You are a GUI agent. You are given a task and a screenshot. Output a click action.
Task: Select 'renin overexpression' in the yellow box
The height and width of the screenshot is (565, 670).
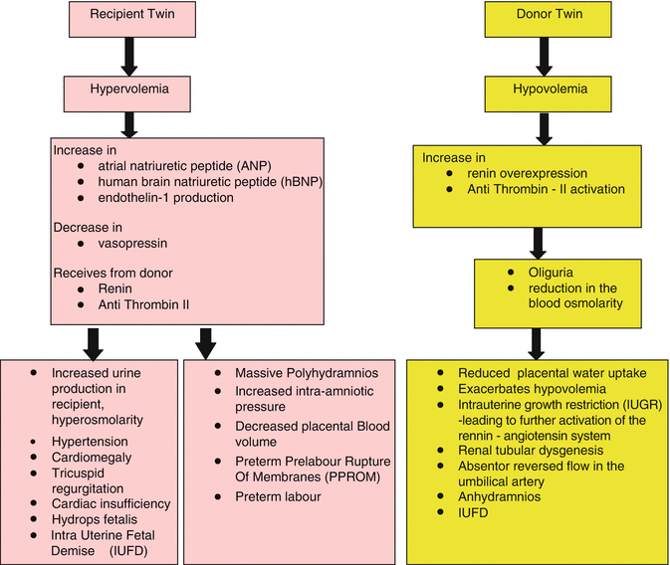(x=512, y=173)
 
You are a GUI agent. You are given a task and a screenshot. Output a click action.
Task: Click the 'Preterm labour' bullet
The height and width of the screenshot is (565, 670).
(x=280, y=496)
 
